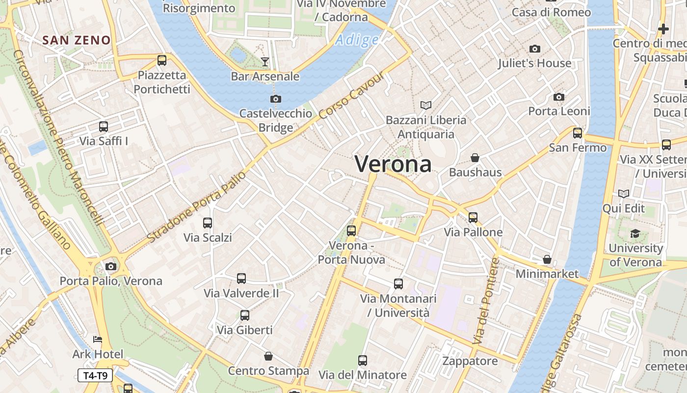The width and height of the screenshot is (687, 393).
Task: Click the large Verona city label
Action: click(x=393, y=164)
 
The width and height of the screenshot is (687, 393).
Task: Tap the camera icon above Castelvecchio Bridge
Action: click(x=276, y=99)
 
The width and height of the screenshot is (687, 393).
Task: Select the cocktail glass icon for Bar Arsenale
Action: click(x=265, y=61)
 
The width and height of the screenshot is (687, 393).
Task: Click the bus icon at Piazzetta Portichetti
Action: click(x=162, y=60)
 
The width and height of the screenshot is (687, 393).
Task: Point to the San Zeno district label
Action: click(x=76, y=40)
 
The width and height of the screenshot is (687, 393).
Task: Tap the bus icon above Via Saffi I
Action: click(x=104, y=127)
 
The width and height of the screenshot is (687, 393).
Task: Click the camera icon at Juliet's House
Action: click(x=535, y=49)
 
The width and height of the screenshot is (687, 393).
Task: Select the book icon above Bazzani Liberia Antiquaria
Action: click(x=426, y=105)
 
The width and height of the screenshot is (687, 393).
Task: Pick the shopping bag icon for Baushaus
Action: click(x=475, y=158)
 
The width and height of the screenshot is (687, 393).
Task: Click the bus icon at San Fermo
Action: click(x=578, y=133)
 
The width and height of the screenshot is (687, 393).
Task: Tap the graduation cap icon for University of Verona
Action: click(x=635, y=233)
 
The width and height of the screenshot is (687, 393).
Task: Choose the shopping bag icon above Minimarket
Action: click(x=547, y=259)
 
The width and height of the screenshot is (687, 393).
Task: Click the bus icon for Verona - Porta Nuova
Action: click(x=351, y=230)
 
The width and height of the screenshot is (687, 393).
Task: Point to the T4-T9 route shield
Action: click(x=95, y=376)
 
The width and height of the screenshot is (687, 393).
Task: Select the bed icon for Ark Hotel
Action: click(x=98, y=339)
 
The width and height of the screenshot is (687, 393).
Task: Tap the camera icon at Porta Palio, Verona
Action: click(x=111, y=266)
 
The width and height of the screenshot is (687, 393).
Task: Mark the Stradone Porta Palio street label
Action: click(x=196, y=206)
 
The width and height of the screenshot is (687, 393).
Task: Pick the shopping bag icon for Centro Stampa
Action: click(x=268, y=356)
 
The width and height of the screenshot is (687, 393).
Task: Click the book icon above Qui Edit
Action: click(x=624, y=194)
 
